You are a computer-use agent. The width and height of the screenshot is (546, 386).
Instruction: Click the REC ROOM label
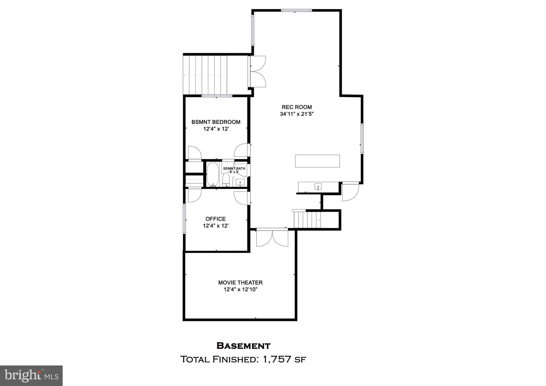(x=296, y=107)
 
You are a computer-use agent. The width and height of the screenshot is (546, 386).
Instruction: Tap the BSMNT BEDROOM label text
(x=216, y=122)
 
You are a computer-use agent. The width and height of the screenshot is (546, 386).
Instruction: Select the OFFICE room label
(x=215, y=219)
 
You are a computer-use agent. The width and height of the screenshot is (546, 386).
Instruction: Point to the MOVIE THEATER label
(x=240, y=283)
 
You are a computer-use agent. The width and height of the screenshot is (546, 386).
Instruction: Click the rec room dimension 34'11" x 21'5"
(x=296, y=114)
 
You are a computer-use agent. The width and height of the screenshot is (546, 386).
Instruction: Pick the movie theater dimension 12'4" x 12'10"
(x=240, y=289)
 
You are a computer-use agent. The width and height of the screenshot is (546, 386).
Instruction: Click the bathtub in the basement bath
(x=213, y=174)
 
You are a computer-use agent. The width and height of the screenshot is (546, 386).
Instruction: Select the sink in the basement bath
(x=240, y=183)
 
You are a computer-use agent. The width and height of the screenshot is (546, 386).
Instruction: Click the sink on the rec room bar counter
(x=318, y=186)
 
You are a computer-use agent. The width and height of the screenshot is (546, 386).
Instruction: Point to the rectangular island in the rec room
(x=317, y=161)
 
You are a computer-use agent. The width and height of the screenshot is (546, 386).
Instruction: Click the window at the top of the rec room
(x=296, y=10)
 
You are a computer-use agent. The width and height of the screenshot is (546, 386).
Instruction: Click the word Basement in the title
(x=243, y=346)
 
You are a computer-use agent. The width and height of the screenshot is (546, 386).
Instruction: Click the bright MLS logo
(x=31, y=376)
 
